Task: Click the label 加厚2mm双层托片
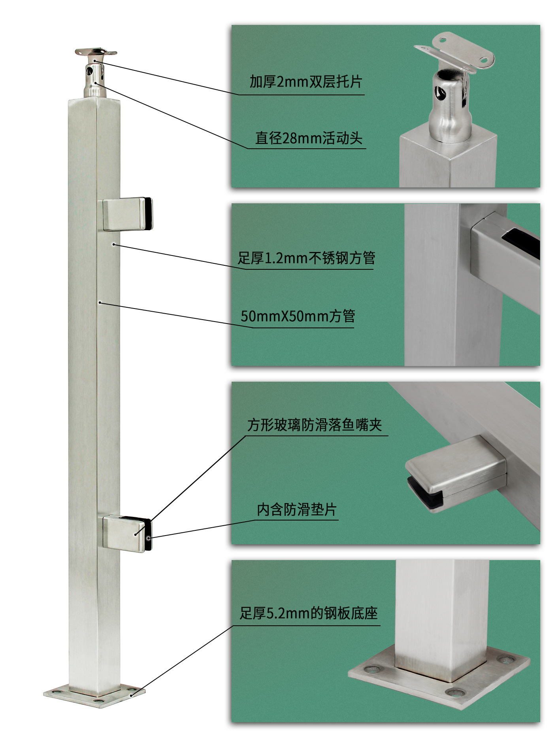click(x=305, y=82)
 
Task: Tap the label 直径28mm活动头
click(x=308, y=138)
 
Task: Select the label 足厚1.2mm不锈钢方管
click(x=306, y=258)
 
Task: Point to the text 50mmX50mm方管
click(x=298, y=316)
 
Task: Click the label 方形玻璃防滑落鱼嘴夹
click(x=315, y=425)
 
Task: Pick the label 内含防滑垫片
click(x=296, y=509)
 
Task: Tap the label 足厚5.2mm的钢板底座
click(x=308, y=613)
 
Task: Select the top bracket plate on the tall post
click(x=96, y=52)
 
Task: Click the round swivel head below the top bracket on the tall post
click(x=94, y=79)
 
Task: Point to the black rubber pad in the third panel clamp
click(x=425, y=494)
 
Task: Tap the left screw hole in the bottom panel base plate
click(x=371, y=670)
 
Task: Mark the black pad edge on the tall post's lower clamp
click(x=148, y=536)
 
